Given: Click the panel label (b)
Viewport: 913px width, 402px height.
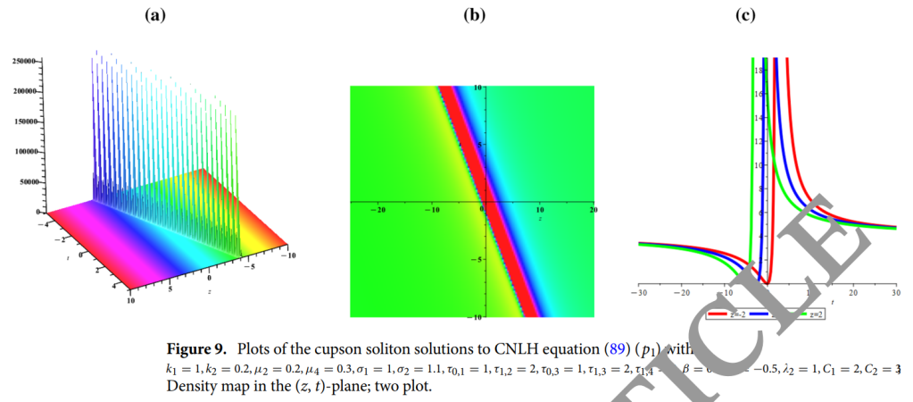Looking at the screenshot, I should click(473, 16).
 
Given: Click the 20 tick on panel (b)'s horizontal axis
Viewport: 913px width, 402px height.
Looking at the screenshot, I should click(592, 210).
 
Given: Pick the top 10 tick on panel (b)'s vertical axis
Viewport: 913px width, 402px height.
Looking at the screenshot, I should click(477, 88).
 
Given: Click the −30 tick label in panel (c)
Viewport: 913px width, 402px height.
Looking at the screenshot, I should click(639, 292).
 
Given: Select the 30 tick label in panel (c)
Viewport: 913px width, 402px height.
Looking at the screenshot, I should click(895, 292).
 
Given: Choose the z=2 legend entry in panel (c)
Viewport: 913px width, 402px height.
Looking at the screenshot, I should click(810, 314).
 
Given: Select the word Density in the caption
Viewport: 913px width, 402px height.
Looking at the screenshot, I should click(192, 388).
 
